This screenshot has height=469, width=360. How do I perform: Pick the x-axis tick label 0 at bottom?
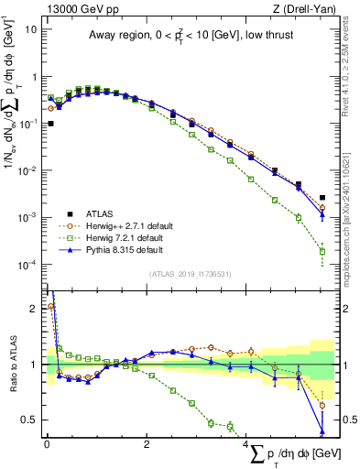coord(47,445)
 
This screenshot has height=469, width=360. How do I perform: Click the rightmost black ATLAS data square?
coord(322,197)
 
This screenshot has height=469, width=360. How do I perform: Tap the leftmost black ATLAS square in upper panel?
coord(50,123)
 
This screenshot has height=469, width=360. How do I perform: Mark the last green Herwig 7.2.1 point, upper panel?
coord(322,251)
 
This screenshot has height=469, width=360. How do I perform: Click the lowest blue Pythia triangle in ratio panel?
coord(322,431)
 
